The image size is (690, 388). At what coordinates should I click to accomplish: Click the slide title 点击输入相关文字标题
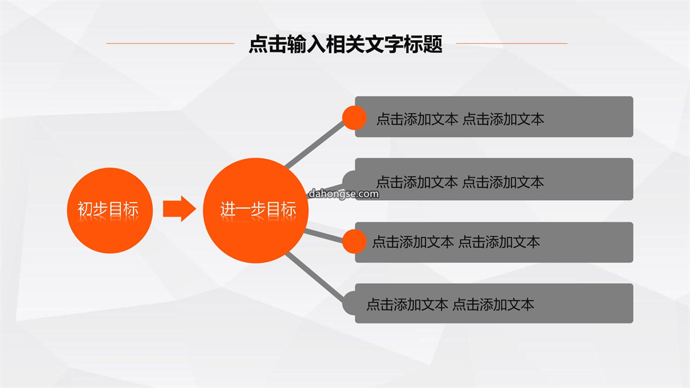pos(346,44)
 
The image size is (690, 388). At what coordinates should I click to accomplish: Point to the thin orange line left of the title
pos(170,43)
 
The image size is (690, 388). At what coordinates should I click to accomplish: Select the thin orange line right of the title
pos(512,43)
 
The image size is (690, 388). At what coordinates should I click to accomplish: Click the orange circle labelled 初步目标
pos(110,210)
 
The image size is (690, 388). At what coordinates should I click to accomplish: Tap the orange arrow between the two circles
pos(180,208)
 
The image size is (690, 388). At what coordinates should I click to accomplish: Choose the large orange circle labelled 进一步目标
pos(256,210)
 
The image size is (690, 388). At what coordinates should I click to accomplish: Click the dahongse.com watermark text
pos(343,194)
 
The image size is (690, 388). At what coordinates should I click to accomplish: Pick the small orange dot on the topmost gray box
pos(354,118)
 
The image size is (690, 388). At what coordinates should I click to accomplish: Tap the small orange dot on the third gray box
pos(354,242)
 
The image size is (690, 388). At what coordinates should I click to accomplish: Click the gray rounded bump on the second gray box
pos(349,180)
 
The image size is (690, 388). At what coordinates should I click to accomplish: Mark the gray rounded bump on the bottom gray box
pos(349,304)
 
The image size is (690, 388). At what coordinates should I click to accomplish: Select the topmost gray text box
pos(494,117)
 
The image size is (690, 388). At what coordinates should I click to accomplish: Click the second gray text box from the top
pos(494,179)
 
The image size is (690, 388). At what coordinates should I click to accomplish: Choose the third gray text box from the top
pos(494,242)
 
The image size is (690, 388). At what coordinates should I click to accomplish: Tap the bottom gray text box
pos(494,304)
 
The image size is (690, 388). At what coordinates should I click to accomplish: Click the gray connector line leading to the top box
pos(314,144)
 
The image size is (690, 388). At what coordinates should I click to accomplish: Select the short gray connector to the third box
pos(323,235)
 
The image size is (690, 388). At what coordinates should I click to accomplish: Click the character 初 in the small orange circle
pos(85,209)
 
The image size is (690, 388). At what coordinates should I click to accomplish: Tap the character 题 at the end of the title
pos(433,44)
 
